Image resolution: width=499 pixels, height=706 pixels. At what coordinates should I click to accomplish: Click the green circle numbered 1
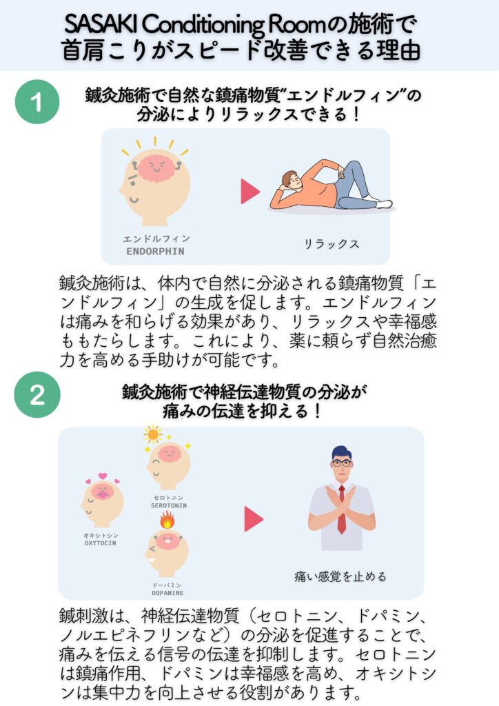(37, 102)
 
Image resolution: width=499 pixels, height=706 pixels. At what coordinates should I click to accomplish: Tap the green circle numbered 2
(37, 394)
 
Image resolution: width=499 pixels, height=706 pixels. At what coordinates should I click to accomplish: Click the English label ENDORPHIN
(155, 251)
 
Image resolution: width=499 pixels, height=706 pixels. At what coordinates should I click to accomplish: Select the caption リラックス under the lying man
(332, 244)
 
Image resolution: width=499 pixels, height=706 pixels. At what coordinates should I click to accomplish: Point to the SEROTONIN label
(169, 505)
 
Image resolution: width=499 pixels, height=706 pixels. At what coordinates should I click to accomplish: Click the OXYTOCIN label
(101, 543)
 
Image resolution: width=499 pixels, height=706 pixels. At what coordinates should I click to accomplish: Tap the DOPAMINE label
(167, 593)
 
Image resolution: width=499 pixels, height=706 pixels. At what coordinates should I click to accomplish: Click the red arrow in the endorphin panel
(250, 192)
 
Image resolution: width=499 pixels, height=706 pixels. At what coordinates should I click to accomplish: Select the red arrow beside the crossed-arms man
(254, 518)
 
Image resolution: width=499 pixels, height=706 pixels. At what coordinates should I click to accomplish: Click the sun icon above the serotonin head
(152, 434)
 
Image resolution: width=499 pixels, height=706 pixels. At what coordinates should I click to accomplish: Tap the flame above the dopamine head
(167, 520)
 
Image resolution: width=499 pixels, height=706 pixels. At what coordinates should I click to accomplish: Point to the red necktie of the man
(342, 510)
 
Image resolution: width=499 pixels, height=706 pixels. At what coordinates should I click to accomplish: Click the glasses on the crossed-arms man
(342, 463)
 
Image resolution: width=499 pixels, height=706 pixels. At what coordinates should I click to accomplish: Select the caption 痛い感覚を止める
(340, 576)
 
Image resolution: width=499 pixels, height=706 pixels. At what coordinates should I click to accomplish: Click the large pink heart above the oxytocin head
(103, 476)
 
